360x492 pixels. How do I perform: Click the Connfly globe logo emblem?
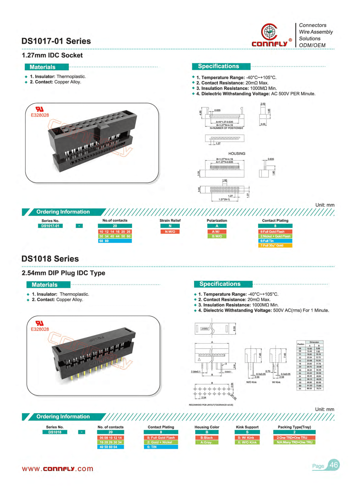pyautogui.click(x=269, y=31)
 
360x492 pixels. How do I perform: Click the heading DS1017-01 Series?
pyautogui.click(x=56, y=41)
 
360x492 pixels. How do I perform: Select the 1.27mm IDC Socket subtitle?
pyautogui.click(x=52, y=55)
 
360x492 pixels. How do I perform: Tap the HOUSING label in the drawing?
pyautogui.click(x=237, y=154)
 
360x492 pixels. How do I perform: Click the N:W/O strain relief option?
pyautogui.click(x=170, y=232)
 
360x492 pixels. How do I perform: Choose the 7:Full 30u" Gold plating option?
pyautogui.click(x=275, y=245)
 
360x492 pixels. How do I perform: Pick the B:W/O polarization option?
pyautogui.click(x=217, y=236)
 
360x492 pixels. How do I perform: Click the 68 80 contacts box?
pyautogui.click(x=115, y=241)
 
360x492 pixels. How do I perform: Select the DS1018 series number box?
pyautogui.click(x=55, y=432)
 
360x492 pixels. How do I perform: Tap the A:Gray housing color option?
pyautogui.click(x=207, y=442)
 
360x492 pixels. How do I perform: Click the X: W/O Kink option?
pyautogui.click(x=247, y=442)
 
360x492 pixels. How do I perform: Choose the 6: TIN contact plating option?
pyautogui.click(x=161, y=447)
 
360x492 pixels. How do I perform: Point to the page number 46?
pyautogui.click(x=334, y=465)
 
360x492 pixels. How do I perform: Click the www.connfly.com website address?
pyautogui.click(x=58, y=469)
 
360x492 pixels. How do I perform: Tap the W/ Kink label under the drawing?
pyautogui.click(x=276, y=382)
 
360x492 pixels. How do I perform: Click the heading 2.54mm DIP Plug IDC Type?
pyautogui.click(x=63, y=273)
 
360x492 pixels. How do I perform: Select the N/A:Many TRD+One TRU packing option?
pyautogui.click(x=294, y=442)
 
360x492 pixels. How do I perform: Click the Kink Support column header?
pyautogui.click(x=247, y=427)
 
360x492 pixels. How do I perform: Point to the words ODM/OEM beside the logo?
pyautogui.click(x=312, y=45)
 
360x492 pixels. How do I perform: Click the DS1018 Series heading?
pyautogui.click(x=50, y=259)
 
